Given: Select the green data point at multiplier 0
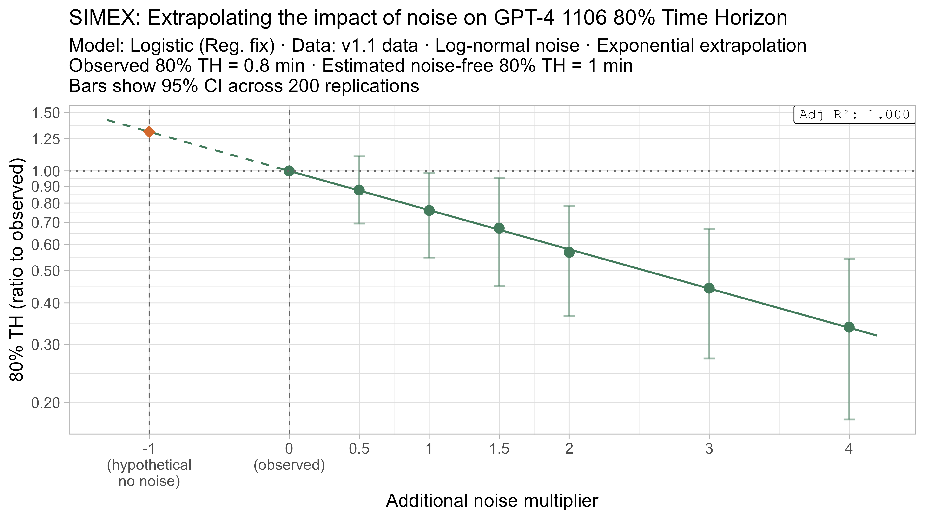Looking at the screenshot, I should tap(289, 171).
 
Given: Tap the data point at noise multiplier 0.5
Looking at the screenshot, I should tap(359, 190).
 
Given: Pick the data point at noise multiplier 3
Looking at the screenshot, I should tap(709, 288).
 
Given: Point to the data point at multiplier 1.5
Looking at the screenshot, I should tap(499, 228).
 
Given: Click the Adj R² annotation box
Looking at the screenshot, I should tap(854, 115).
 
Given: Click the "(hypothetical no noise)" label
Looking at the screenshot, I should tap(149, 473).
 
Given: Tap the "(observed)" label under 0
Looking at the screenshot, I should tap(289, 465).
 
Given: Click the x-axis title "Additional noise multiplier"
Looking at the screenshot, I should tap(492, 501).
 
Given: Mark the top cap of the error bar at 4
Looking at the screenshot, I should tap(849, 258).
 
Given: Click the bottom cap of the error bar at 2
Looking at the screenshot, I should tap(569, 316).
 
